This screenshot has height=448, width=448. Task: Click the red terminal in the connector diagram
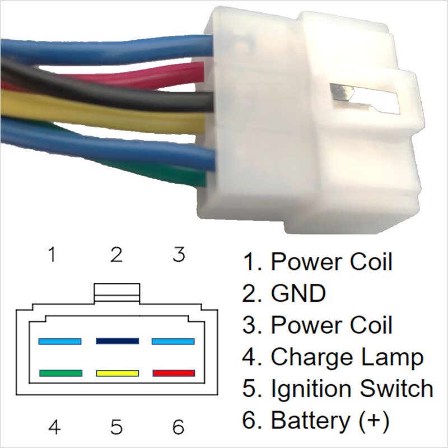pyautogui.click(x=174, y=373)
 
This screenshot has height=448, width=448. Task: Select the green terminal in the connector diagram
pyautogui.click(x=60, y=373)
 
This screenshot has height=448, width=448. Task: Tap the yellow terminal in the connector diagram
pyautogui.click(x=117, y=373)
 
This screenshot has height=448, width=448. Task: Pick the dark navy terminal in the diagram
pyautogui.click(x=117, y=340)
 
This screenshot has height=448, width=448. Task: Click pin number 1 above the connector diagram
pyautogui.click(x=52, y=255)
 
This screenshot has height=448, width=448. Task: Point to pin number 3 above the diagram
pyautogui.click(x=178, y=255)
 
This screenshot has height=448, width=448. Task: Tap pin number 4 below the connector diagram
pyautogui.click(x=54, y=428)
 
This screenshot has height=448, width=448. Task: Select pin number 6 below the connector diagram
pyautogui.click(x=178, y=428)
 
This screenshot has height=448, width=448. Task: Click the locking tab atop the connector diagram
pyautogui.click(x=116, y=292)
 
